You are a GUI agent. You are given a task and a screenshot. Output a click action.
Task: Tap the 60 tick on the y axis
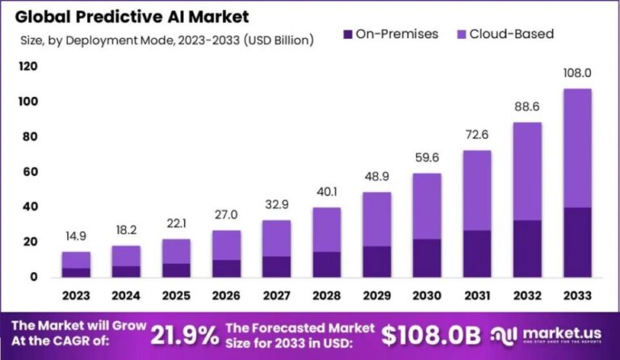(x=31, y=172)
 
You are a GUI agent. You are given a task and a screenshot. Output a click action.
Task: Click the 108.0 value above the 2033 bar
(x=576, y=73)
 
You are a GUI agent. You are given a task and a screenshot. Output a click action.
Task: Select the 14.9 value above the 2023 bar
(x=76, y=237)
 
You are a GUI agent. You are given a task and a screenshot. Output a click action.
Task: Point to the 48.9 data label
(x=377, y=177)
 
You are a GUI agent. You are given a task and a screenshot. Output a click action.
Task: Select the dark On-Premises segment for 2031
(x=477, y=253)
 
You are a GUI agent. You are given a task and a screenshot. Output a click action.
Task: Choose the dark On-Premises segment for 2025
(x=177, y=270)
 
